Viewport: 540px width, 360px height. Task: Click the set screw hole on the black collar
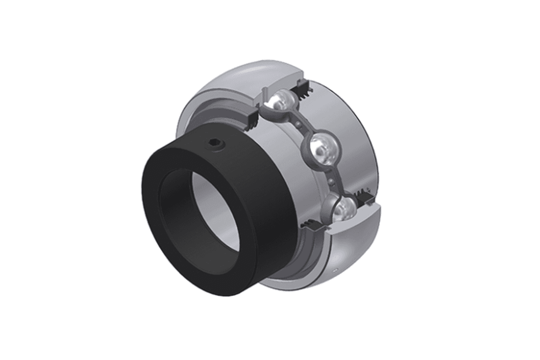[215, 144]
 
